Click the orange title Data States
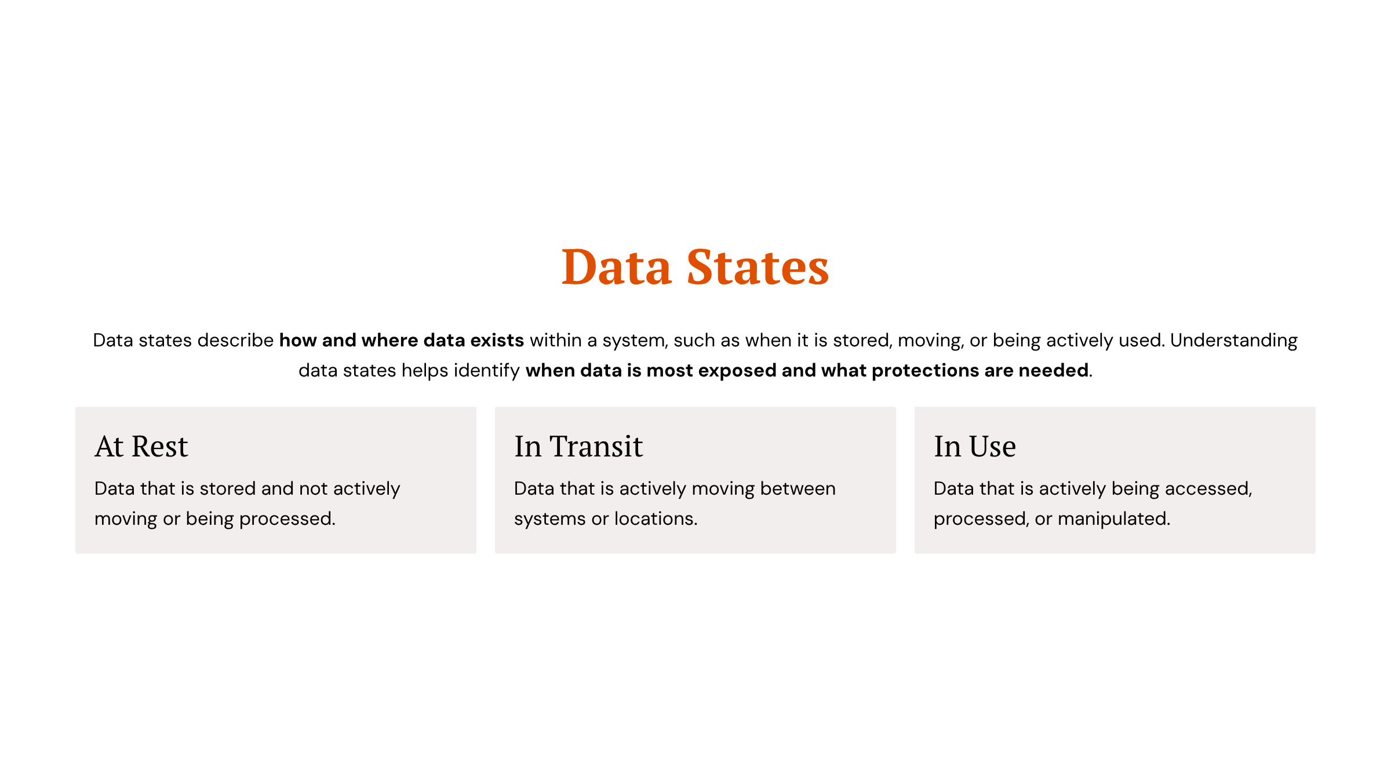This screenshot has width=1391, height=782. click(x=695, y=267)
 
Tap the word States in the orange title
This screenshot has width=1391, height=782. click(x=758, y=267)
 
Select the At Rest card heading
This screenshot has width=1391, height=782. click(x=141, y=446)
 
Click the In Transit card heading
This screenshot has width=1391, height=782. click(x=578, y=446)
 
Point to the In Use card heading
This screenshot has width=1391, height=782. click(x=975, y=446)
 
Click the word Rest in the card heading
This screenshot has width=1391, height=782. click(x=160, y=446)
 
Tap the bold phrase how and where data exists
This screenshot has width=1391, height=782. click(x=401, y=340)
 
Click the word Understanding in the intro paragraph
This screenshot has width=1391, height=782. click(x=1233, y=340)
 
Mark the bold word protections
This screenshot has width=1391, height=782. click(x=925, y=370)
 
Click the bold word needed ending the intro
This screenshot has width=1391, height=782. click(x=1053, y=370)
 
